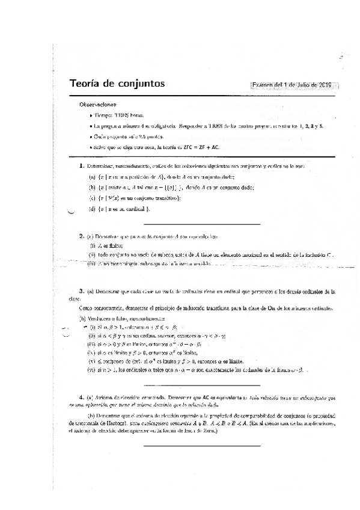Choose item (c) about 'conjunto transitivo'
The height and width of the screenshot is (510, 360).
click(x=138, y=197)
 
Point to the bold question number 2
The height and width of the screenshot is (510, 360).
click(x=81, y=236)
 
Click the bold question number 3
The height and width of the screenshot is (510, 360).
click(x=81, y=290)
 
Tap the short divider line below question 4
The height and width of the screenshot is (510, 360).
click(x=202, y=446)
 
